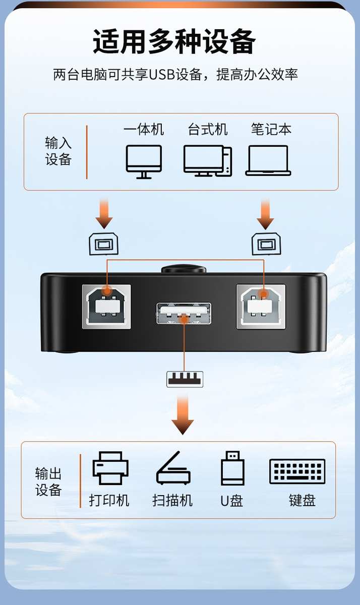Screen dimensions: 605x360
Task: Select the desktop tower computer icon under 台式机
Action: (x=208, y=161)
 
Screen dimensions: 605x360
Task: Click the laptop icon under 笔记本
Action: (x=268, y=161)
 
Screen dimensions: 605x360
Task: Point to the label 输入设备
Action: (x=58, y=151)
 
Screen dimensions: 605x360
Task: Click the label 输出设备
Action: (x=48, y=481)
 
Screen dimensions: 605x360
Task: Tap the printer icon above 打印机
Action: (x=110, y=468)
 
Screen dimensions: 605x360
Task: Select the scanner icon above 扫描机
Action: (x=173, y=468)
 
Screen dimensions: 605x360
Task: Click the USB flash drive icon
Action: (x=232, y=468)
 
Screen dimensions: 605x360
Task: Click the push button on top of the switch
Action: (x=184, y=269)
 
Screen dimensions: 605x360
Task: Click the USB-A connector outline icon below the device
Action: (x=185, y=379)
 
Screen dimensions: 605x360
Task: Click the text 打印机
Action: (x=109, y=500)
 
